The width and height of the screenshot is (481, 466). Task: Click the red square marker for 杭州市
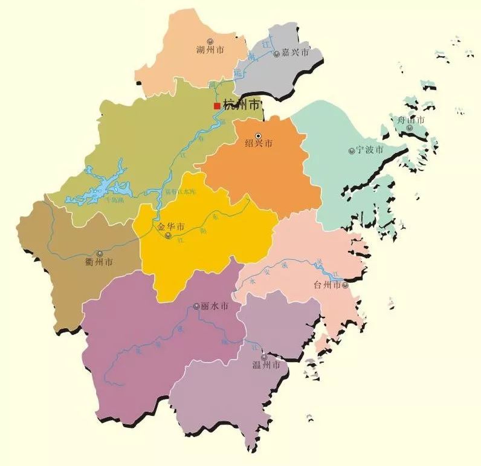(217, 106)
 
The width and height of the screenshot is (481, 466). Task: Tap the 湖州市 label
(210, 50)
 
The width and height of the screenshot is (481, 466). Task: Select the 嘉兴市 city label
(295, 53)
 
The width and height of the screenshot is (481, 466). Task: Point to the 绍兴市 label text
(259, 144)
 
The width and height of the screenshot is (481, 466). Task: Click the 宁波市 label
(370, 150)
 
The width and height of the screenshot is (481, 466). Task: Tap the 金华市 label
(171, 227)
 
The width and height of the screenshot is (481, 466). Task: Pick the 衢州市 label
(99, 262)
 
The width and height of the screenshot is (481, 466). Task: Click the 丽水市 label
(215, 307)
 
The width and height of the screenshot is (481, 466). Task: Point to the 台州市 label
(327, 285)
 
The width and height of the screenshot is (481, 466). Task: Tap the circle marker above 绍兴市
(259, 135)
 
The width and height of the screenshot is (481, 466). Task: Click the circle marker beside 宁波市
(352, 150)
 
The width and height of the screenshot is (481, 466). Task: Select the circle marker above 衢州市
(100, 254)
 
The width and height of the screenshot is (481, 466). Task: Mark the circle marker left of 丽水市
(196, 306)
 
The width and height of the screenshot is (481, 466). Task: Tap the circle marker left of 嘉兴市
(277, 54)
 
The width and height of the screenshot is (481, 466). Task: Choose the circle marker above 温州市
(263, 357)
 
